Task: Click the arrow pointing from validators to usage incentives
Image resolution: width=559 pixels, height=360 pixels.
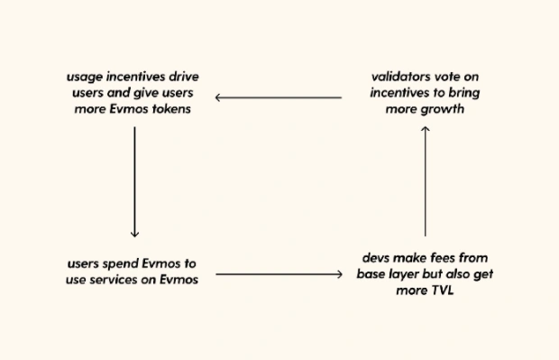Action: coord(279,97)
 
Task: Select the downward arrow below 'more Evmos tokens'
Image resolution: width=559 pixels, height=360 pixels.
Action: coord(134,180)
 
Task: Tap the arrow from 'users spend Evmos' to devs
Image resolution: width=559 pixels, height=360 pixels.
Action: coord(279,273)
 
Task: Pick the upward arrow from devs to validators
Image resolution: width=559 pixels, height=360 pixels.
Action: coord(426,180)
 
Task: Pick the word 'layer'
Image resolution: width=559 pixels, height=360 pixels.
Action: coord(407,273)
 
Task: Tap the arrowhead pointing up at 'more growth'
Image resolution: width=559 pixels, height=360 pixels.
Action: coord(426,129)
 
